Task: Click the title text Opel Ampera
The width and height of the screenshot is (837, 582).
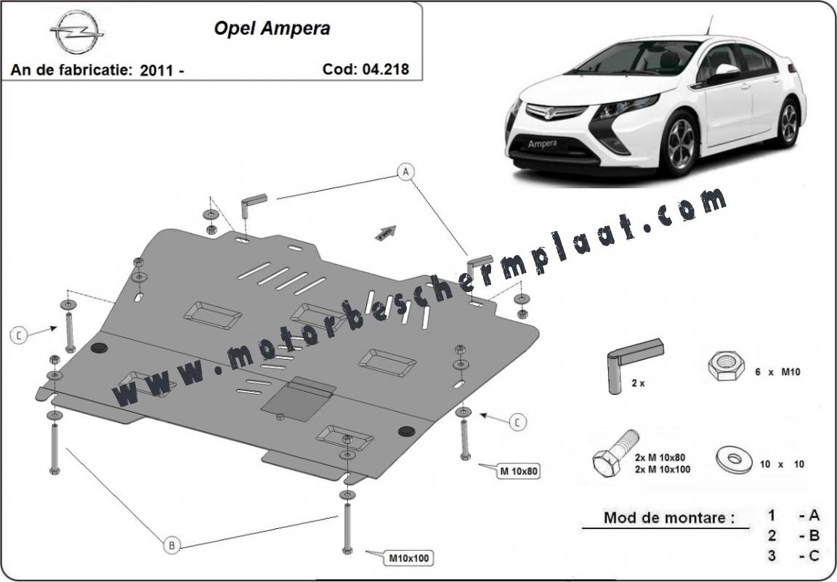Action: pyautogui.click(x=272, y=28)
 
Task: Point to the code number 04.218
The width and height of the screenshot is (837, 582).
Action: pyautogui.click(x=385, y=69)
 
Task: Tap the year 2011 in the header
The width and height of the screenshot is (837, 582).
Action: pyautogui.click(x=156, y=70)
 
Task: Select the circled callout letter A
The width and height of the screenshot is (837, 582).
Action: pyautogui.click(x=405, y=171)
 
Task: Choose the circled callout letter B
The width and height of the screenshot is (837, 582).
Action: pyautogui.click(x=171, y=545)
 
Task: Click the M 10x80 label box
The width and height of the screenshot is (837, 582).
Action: pyautogui.click(x=518, y=472)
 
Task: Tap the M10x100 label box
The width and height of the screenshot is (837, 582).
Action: pyautogui.click(x=408, y=559)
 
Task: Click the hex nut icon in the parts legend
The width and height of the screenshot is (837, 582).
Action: pyautogui.click(x=726, y=366)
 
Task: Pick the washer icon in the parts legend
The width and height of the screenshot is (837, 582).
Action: pyautogui.click(x=735, y=460)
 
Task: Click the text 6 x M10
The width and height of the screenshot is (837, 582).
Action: pyautogui.click(x=777, y=372)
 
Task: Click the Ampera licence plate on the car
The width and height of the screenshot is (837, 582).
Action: pyautogui.click(x=542, y=144)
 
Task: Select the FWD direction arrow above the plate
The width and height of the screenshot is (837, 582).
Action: pyautogui.click(x=386, y=233)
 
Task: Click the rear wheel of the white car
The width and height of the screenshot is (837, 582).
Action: pyautogui.click(x=788, y=123)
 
